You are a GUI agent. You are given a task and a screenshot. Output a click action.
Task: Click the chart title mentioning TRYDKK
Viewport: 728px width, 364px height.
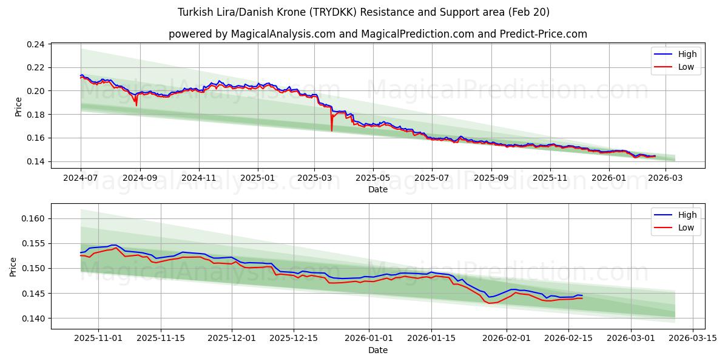click(x=363, y=12)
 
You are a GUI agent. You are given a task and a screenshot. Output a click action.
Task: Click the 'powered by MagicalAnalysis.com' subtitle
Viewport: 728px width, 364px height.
click(x=377, y=34)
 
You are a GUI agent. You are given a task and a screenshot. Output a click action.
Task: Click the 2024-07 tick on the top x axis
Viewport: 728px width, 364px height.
click(x=81, y=178)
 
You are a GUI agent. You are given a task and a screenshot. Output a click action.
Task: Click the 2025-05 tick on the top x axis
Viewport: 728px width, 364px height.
click(x=372, y=178)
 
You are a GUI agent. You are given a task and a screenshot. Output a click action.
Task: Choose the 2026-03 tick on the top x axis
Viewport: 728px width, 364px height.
click(x=666, y=178)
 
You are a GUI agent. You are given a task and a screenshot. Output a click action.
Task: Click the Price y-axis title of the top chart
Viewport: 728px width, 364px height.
click(x=18, y=106)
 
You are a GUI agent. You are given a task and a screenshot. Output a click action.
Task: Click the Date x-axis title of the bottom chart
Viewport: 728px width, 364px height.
click(x=377, y=350)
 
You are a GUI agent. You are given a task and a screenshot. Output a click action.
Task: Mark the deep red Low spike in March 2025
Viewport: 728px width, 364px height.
click(x=331, y=130)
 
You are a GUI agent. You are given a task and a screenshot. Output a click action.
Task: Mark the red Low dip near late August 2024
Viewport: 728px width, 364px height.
click(x=136, y=105)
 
